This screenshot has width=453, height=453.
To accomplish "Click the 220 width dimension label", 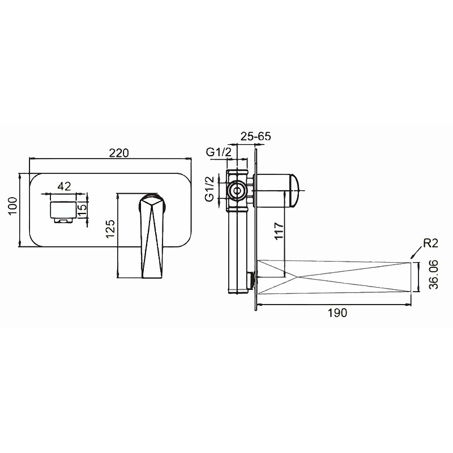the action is (119, 153).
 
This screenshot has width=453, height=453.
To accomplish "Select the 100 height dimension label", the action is (12, 206).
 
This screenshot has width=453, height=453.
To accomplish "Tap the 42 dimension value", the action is (64, 186).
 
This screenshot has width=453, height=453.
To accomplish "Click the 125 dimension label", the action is (110, 229).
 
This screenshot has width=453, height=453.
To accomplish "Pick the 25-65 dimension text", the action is (256, 136).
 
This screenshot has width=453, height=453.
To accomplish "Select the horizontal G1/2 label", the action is (219, 152).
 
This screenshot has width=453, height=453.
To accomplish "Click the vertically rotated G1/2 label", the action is (210, 189).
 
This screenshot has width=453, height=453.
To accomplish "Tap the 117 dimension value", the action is (279, 230).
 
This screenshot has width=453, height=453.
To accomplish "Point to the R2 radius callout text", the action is (431, 243).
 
